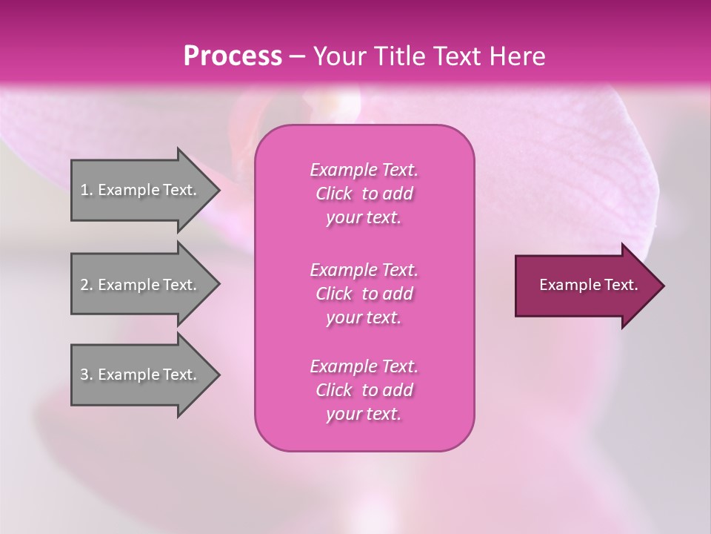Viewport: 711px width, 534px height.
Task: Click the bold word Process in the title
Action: click(x=233, y=56)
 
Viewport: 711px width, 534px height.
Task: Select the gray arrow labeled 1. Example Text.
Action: click(x=141, y=190)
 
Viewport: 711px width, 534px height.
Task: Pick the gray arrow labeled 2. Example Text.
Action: click(x=141, y=285)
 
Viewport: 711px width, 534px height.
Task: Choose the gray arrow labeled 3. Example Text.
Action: click(x=141, y=375)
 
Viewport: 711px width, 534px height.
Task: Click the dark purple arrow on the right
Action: click(x=585, y=285)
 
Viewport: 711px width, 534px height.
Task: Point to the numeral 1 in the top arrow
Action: click(x=84, y=190)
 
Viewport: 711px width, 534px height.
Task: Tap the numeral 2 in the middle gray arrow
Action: click(x=84, y=285)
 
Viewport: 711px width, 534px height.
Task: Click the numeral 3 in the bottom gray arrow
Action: click(x=84, y=375)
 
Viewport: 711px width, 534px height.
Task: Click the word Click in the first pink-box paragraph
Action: click(x=333, y=194)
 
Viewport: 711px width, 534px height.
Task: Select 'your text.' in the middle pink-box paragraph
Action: click(x=364, y=317)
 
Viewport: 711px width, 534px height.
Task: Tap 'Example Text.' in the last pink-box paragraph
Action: click(x=364, y=366)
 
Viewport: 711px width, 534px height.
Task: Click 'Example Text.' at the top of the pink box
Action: click(x=364, y=170)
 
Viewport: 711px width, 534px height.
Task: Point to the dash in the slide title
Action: click(x=297, y=56)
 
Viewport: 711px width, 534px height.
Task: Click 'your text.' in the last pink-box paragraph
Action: click(x=364, y=414)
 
